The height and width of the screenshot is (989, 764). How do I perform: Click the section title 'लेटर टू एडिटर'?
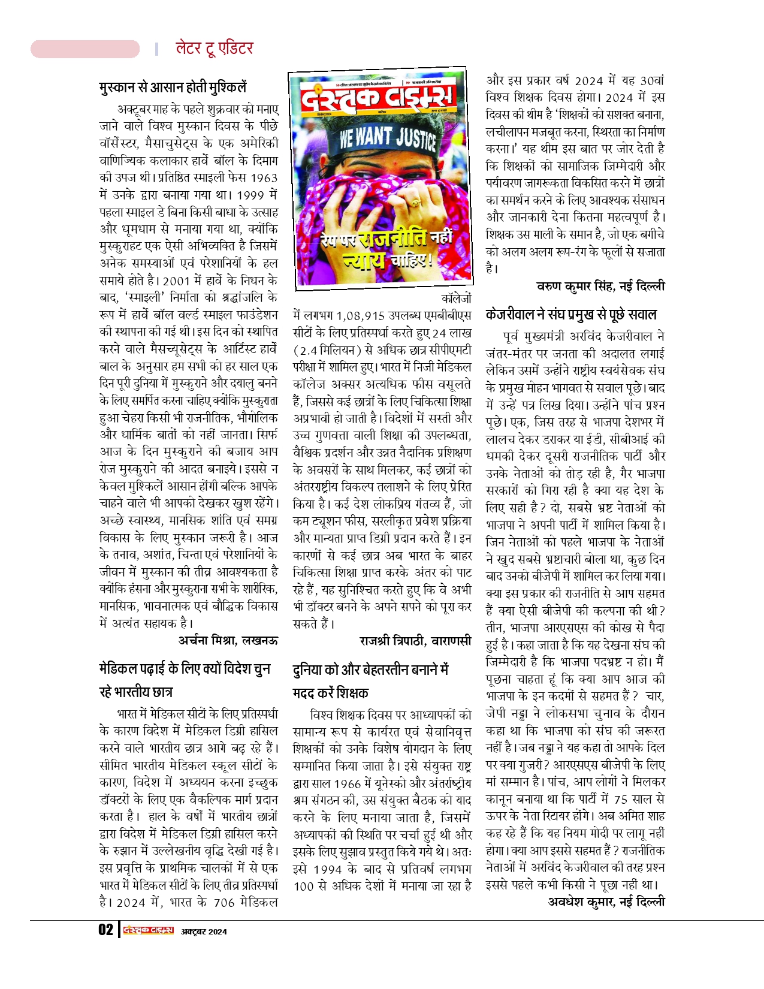[x=214, y=49]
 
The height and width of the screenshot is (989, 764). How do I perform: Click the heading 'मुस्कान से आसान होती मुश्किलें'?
[x=173, y=88]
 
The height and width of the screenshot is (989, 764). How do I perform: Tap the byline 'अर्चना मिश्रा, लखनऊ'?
[x=228, y=640]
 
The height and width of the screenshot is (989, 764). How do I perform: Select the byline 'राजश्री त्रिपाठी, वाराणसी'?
[x=415, y=641]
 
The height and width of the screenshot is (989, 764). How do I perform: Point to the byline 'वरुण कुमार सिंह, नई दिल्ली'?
[x=600, y=287]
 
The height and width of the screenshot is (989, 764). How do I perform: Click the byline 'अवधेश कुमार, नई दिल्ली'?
[x=606, y=901]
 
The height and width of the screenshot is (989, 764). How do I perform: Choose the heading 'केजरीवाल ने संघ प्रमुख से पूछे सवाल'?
[x=571, y=314]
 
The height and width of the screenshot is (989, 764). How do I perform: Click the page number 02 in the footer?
[x=105, y=930]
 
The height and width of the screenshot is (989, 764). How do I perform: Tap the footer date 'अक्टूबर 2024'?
[x=204, y=931]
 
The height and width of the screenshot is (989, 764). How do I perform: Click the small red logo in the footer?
[x=148, y=930]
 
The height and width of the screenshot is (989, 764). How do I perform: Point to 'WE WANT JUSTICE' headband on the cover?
[x=387, y=137]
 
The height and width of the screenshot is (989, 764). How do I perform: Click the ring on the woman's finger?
[x=415, y=200]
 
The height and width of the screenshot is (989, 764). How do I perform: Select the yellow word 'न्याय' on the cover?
[x=364, y=260]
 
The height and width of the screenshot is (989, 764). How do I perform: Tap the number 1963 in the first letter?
[x=264, y=178]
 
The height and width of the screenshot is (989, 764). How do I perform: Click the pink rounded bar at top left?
[x=85, y=49]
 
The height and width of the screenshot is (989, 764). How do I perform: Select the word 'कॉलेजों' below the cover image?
[x=456, y=298]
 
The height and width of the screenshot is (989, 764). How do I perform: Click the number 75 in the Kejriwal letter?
[x=620, y=799]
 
